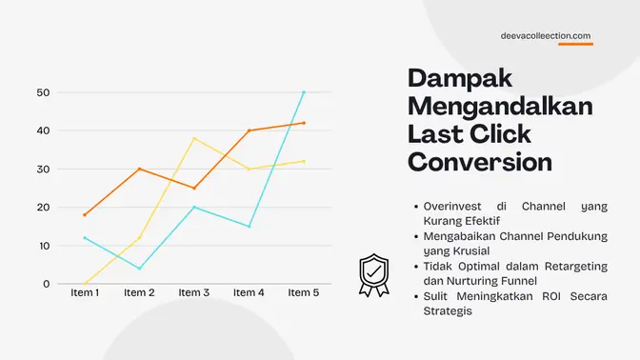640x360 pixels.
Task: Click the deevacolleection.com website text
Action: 546,35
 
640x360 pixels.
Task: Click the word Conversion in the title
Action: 480,161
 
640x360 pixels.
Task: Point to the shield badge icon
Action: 372,274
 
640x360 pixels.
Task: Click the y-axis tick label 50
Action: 43,92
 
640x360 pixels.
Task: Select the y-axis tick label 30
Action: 43,170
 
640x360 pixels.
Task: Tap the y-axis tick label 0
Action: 46,284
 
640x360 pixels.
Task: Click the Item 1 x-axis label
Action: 85,293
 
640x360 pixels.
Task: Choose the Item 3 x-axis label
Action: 194,293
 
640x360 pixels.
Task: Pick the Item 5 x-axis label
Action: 304,293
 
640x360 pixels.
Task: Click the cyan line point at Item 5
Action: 304,92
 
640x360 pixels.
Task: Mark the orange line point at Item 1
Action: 85,214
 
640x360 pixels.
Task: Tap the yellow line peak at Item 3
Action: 194,138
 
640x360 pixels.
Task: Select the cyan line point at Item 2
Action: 139,269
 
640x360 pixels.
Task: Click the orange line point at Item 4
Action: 250,130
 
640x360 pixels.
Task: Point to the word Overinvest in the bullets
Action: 449,206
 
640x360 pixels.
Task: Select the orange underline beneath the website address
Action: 575,45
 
